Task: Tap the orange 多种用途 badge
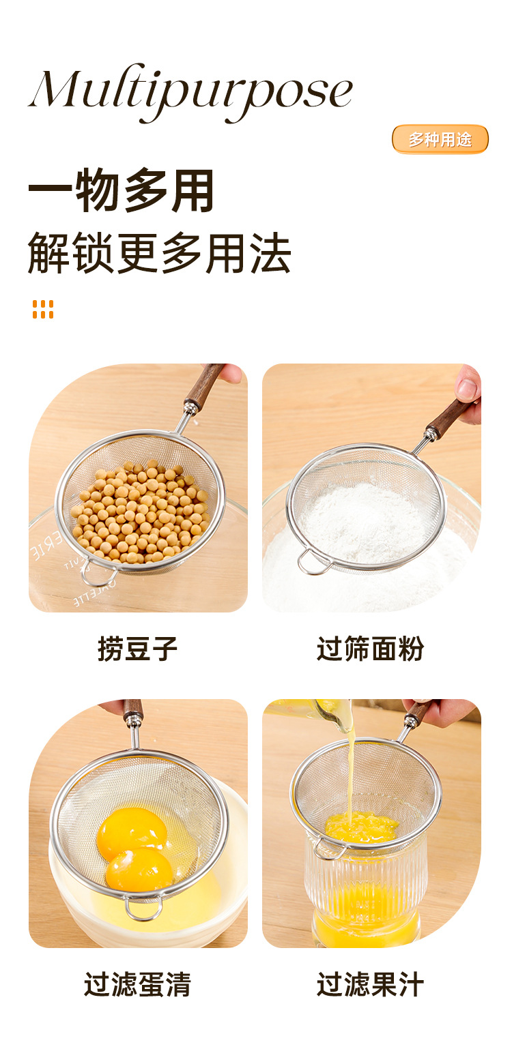440,139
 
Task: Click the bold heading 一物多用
121,192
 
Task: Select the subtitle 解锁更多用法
159,253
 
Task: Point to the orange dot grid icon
42,309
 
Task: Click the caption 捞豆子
137,649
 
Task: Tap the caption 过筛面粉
370,649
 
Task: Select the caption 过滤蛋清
137,984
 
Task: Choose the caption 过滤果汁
370,984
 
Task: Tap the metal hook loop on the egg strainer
143,908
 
